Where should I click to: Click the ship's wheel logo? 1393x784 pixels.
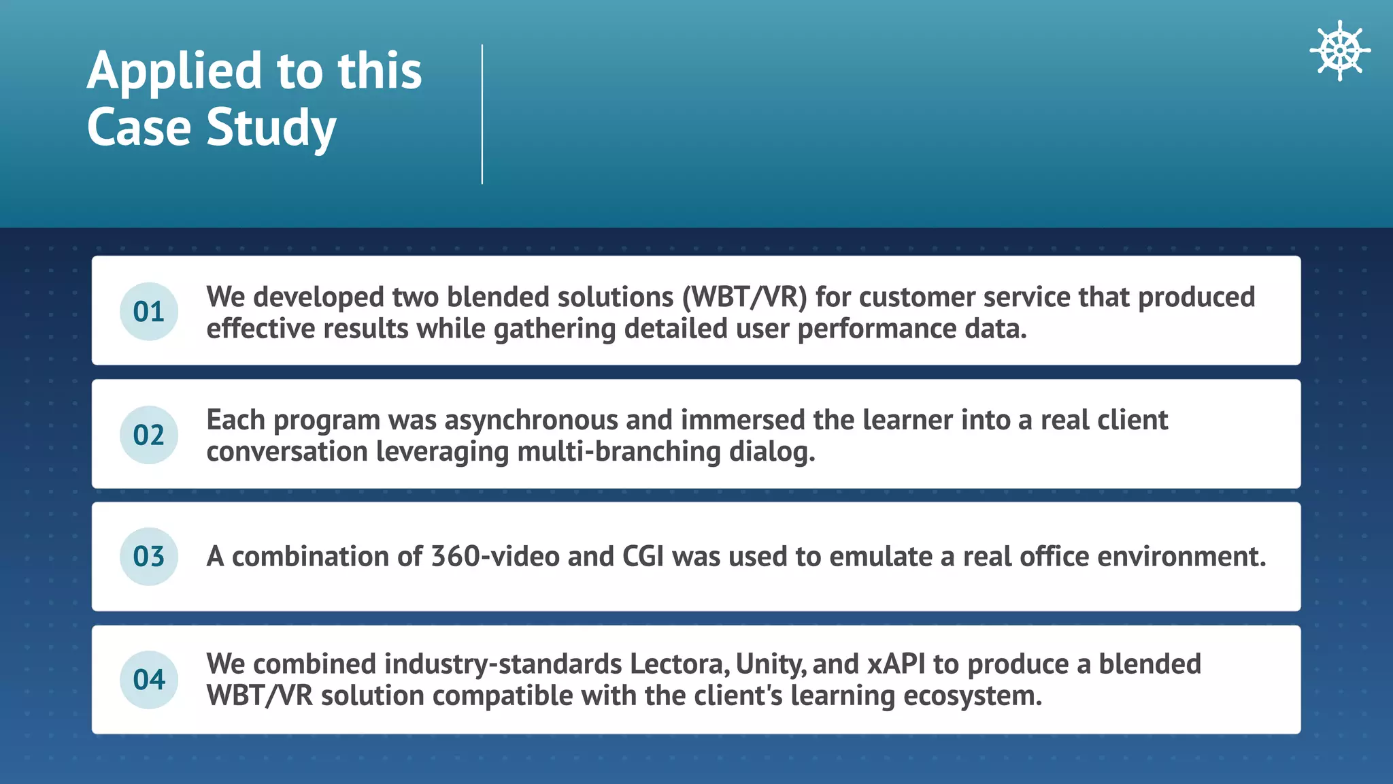pyautogui.click(x=1339, y=50)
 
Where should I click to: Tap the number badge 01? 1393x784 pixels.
pyautogui.click(x=149, y=312)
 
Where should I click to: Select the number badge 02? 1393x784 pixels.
pyautogui.click(x=149, y=435)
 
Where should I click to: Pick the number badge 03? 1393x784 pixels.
pyautogui.click(x=149, y=557)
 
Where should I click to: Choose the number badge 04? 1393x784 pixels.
pyautogui.click(x=149, y=680)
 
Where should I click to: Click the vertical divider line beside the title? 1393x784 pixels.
pyautogui.click(x=482, y=114)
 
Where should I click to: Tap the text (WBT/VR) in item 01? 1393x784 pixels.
pyautogui.click(x=744, y=297)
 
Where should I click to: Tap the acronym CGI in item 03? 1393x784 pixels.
pyautogui.click(x=643, y=557)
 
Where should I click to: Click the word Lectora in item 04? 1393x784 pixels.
pyautogui.click(x=679, y=664)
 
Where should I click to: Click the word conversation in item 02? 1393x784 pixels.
pyautogui.click(x=286, y=452)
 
